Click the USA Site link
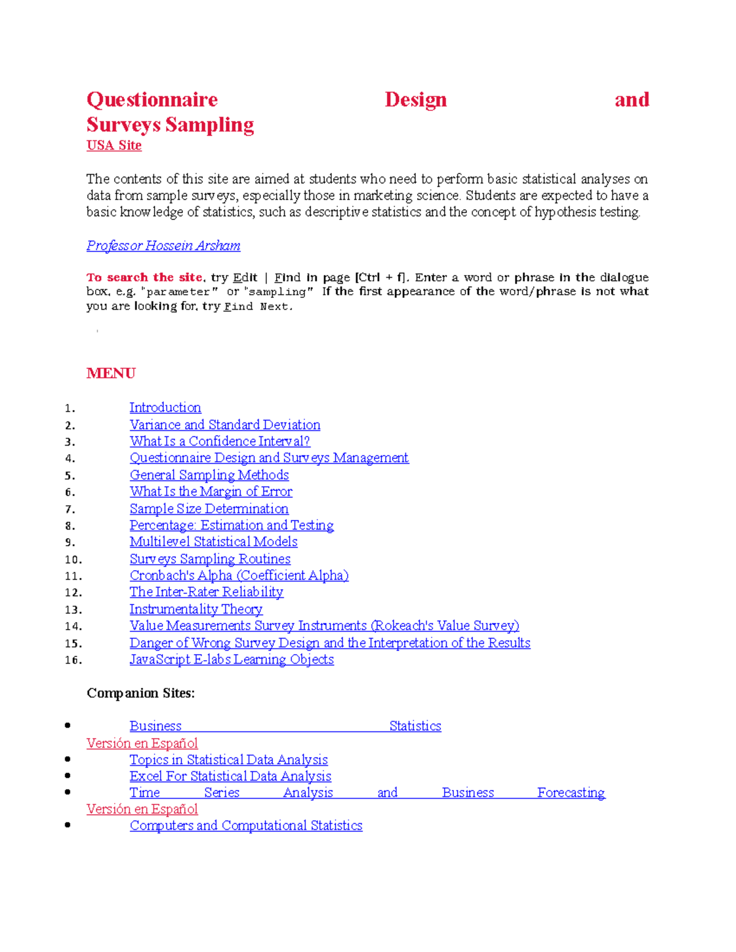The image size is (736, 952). click(114, 146)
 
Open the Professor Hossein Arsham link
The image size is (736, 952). click(163, 246)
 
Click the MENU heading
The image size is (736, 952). click(111, 373)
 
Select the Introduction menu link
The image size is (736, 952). click(165, 408)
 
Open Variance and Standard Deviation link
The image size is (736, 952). click(224, 425)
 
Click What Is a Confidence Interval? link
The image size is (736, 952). click(220, 441)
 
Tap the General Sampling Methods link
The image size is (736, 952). click(209, 475)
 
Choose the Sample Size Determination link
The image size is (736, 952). click(209, 509)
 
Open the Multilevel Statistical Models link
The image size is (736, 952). click(213, 542)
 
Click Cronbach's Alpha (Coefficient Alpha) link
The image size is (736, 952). click(239, 576)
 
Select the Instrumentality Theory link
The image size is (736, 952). click(196, 609)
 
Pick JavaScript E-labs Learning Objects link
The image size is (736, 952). click(231, 660)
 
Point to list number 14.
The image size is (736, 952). click(73, 626)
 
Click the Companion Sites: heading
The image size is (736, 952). click(140, 693)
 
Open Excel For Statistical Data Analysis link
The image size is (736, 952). click(230, 777)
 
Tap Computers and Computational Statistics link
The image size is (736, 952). click(246, 826)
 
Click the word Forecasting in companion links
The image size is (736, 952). click(570, 793)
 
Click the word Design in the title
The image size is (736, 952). click(415, 100)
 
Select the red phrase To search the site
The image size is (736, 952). click(144, 278)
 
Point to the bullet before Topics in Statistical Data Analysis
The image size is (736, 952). click(67, 759)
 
